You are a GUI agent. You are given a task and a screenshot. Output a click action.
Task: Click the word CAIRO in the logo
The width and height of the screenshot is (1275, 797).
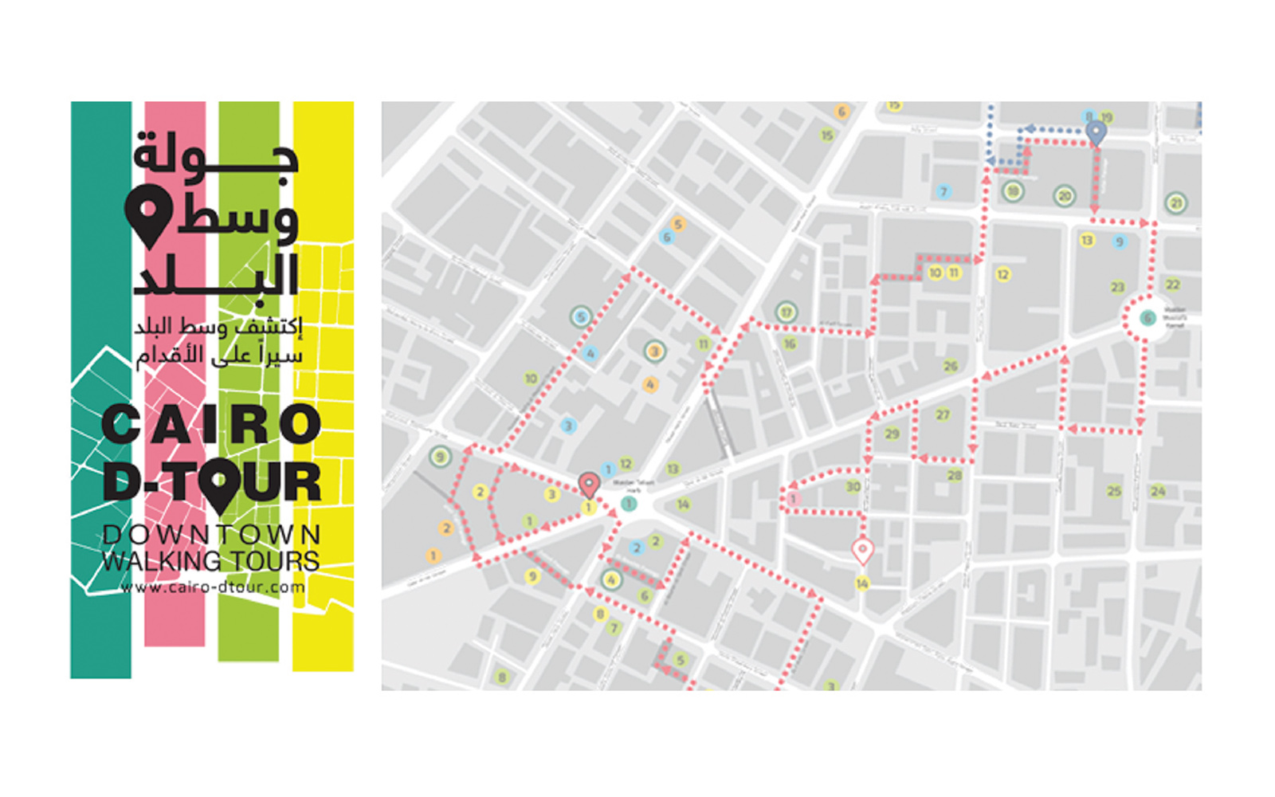(211, 424)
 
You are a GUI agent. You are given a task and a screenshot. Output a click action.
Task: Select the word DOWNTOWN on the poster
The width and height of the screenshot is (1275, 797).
(211, 535)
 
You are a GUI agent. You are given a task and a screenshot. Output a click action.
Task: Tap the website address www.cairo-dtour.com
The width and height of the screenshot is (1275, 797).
(213, 588)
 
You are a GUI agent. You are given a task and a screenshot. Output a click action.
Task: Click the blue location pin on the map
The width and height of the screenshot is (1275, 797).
(1096, 132)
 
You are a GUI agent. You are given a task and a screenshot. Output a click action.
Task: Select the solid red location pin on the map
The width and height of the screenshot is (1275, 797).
(588, 483)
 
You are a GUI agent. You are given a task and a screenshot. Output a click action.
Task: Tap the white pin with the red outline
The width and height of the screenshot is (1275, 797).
(861, 550)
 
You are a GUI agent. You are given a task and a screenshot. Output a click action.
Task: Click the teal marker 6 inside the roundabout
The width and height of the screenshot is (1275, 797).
(1147, 318)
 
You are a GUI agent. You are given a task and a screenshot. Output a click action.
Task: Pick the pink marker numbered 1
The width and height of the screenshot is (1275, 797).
(792, 499)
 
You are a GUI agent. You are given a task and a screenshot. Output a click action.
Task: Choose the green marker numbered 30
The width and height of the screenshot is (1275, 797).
(853, 486)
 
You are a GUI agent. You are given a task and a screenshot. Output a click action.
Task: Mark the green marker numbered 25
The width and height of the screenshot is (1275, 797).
(1114, 491)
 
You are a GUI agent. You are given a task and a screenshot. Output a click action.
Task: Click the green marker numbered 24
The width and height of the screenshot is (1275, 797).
(1158, 491)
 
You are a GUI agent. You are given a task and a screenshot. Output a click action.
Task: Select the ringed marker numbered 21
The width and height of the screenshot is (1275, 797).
(1176, 203)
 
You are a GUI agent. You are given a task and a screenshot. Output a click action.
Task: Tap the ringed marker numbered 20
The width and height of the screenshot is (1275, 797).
(1065, 195)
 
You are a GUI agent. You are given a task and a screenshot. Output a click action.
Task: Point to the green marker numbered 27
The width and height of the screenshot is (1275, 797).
(943, 414)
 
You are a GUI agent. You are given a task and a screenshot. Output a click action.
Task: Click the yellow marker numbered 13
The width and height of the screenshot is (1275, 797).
(1087, 240)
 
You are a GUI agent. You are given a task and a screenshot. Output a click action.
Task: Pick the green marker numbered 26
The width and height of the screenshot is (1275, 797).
(951, 366)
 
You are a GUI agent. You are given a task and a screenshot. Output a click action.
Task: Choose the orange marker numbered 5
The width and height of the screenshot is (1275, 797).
(678, 224)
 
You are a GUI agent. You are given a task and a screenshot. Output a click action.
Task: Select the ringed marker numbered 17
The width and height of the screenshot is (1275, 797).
(787, 312)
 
